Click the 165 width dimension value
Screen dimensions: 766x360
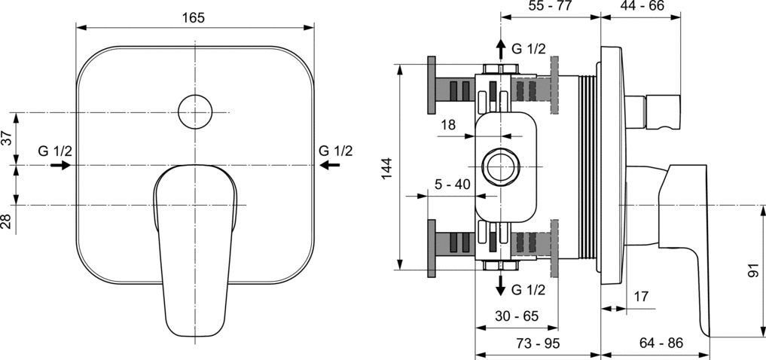pos(194,18)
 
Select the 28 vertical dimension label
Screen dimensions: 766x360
pos(6,221)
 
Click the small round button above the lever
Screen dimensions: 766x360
pos(195,112)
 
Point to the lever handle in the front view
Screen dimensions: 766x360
pos(195,250)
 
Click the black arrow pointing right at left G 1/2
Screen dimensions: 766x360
pos(60,166)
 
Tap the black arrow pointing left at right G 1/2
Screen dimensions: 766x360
pos(330,166)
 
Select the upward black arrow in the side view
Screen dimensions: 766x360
pos(501,50)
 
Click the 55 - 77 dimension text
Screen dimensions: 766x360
pos(550,6)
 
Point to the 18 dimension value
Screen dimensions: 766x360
pos(448,125)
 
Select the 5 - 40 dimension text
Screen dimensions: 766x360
pos(452,185)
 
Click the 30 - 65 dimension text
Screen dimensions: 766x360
pos(517,316)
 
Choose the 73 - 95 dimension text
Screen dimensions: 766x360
pos(537,343)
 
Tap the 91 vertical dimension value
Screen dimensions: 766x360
pos(752,270)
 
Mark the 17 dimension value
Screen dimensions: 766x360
pos(641,296)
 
